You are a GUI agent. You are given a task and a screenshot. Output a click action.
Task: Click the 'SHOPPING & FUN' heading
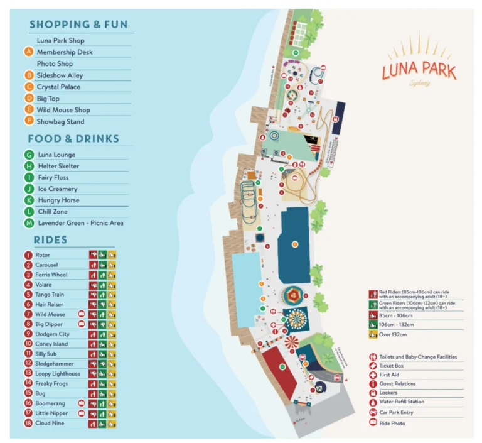[78, 25]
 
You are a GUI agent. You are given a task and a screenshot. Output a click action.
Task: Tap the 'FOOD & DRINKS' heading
[73, 139]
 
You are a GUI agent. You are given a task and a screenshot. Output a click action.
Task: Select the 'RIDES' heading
[50, 240]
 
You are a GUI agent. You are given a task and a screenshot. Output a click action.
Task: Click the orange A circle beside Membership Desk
[29, 52]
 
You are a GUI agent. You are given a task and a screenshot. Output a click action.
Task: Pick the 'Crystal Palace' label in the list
[58, 87]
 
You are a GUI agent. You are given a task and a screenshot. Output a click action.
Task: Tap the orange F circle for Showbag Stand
[29, 121]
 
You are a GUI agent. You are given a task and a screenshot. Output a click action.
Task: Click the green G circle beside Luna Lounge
[29, 155]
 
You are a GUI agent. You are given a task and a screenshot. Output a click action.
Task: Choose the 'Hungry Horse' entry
[58, 200]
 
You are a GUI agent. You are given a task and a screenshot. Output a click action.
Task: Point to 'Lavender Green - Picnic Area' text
[80, 223]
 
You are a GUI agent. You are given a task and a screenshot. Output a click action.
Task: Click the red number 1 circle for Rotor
[28, 255]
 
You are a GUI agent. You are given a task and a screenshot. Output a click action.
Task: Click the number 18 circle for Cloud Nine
[28, 423]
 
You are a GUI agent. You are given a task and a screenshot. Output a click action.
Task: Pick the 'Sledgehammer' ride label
[54, 364]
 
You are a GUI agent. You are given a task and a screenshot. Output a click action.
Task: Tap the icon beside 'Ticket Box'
[373, 366]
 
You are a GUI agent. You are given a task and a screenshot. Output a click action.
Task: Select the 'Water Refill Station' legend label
[402, 402]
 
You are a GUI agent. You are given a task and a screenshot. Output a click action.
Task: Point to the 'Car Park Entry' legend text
[396, 413]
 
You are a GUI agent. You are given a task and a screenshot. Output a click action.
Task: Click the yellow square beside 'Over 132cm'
[373, 334]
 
